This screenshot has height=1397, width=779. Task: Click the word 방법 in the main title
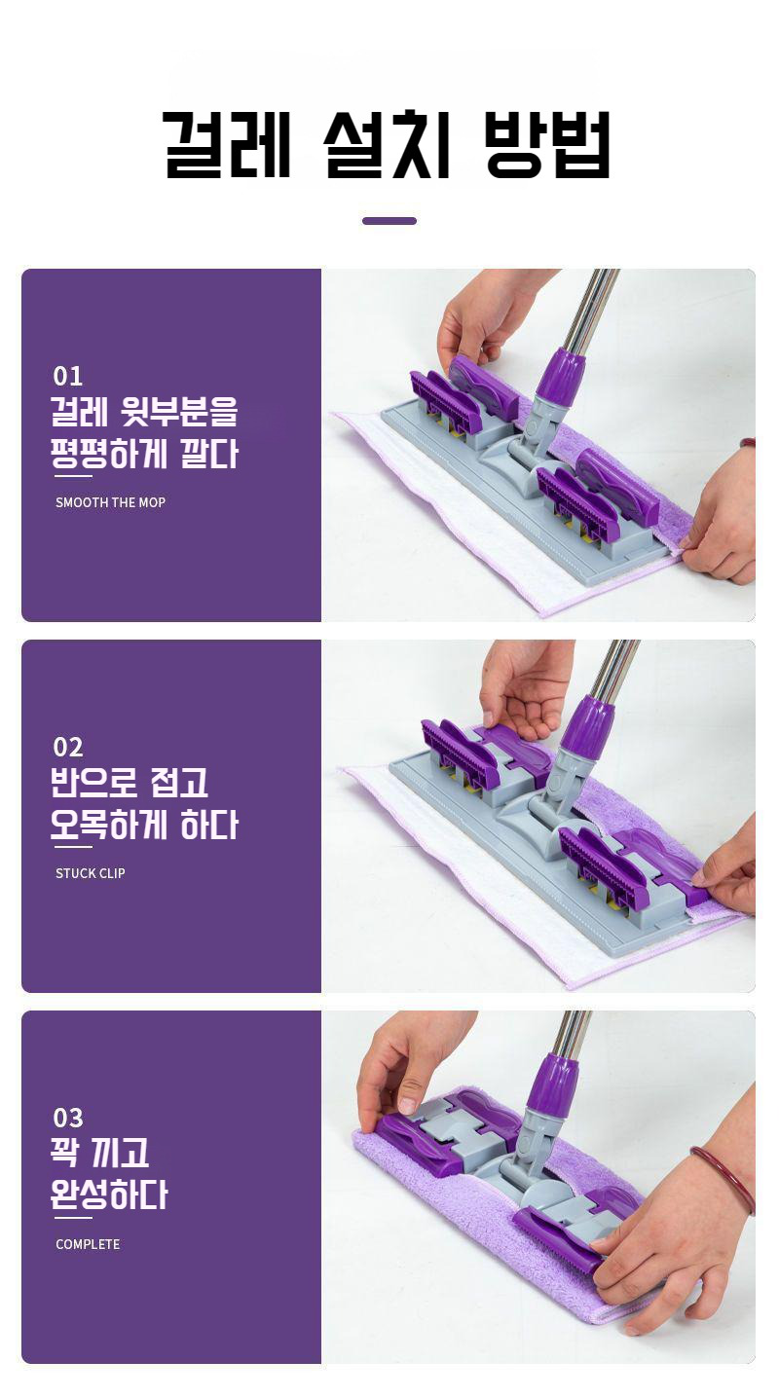click(x=548, y=145)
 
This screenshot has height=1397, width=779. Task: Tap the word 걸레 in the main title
click(x=227, y=145)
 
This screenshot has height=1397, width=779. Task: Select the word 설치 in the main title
click(x=388, y=145)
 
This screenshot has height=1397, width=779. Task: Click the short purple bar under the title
click(x=389, y=221)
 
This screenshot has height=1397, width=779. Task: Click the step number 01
click(x=68, y=377)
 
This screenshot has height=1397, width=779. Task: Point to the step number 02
click(x=68, y=747)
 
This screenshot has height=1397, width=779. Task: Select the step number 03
click(x=68, y=1118)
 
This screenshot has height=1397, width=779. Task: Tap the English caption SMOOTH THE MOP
click(x=110, y=502)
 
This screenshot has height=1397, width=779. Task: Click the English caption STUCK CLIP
click(x=91, y=873)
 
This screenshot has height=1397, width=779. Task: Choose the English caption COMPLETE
click(x=88, y=1244)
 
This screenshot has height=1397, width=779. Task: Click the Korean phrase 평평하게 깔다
click(x=145, y=455)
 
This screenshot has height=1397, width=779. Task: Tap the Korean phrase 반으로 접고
click(x=130, y=783)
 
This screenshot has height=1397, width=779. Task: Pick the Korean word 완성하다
click(x=109, y=1195)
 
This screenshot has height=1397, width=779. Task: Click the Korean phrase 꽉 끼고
click(x=99, y=1153)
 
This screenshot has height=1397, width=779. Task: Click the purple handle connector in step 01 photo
click(x=560, y=377)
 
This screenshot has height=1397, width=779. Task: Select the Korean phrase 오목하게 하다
click(x=145, y=826)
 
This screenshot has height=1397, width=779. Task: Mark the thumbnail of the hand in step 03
click(x=407, y=1105)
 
